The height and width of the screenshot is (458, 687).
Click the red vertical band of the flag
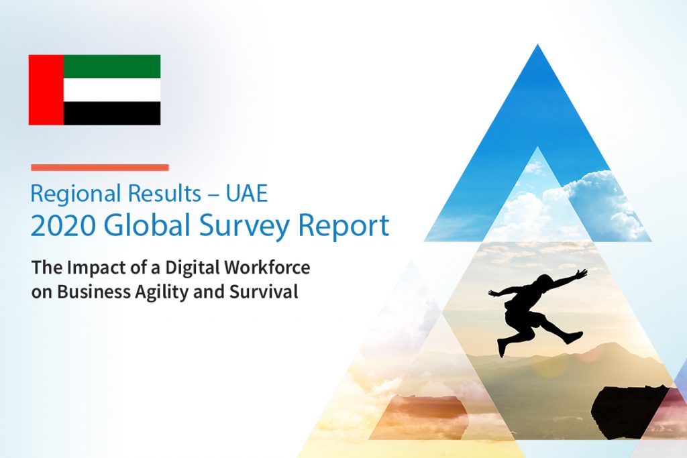click(x=46, y=90)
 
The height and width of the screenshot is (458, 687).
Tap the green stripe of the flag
click(x=112, y=66)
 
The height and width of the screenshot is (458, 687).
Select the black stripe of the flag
click(x=112, y=113)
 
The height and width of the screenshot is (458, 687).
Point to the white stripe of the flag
click(x=112, y=90)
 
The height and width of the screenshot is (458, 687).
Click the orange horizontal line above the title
click(x=100, y=167)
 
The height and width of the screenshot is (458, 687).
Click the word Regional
click(x=75, y=194)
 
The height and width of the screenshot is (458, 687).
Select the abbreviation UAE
click(x=247, y=193)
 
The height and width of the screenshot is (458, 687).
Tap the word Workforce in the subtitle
click(x=267, y=267)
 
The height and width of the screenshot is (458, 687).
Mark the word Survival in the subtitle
click(x=264, y=292)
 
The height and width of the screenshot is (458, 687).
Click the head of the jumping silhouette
click(x=545, y=281)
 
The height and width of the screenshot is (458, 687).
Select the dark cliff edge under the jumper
click(x=631, y=412)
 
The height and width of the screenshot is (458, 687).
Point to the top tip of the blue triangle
click(x=537, y=45)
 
